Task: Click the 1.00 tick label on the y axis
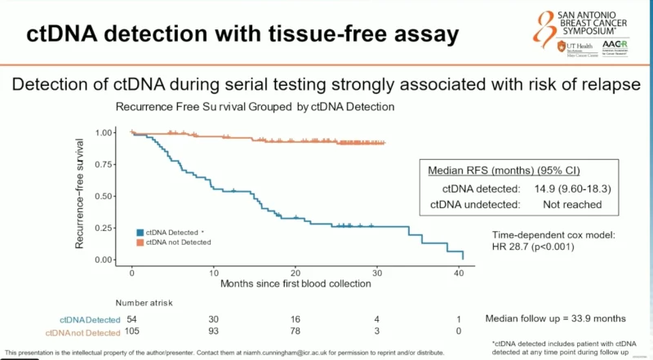point(105,132)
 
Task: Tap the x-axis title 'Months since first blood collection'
point(295,285)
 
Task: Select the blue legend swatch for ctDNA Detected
point(140,232)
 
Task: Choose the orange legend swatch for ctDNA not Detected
point(140,242)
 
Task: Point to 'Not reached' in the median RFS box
point(571,204)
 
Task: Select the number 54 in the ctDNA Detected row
point(132,319)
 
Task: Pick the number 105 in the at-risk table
point(133,333)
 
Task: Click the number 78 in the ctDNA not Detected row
point(295,333)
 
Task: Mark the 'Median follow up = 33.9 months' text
point(554,318)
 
